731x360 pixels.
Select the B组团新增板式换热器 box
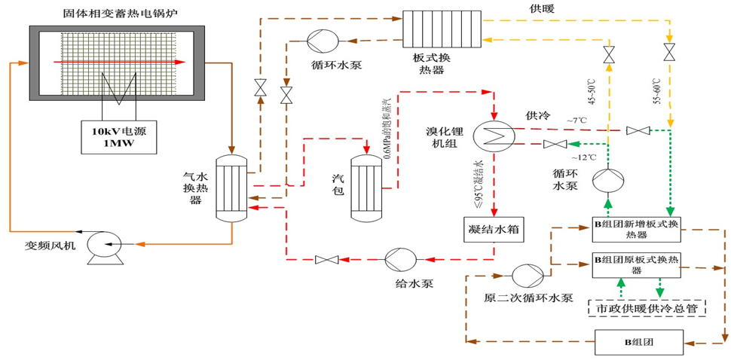[636, 228]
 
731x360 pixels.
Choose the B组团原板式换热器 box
[636, 264]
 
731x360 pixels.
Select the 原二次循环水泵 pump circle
[523, 274]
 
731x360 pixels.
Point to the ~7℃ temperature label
[579, 120]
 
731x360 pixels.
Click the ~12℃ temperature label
[582, 157]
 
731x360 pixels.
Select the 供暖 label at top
[542, 8]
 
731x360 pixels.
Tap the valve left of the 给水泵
[327, 260]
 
